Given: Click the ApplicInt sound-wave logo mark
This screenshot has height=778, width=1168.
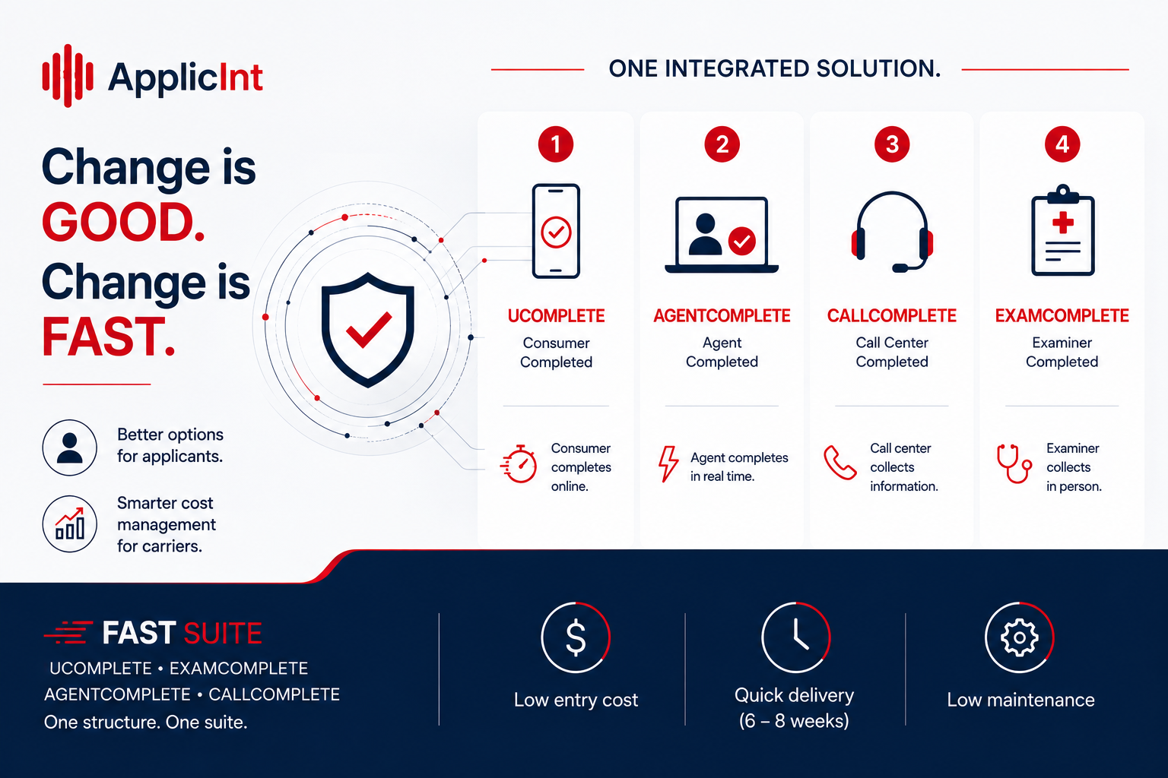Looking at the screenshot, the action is click(x=68, y=76).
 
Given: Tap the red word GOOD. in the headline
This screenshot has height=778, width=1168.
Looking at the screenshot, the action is click(x=123, y=223).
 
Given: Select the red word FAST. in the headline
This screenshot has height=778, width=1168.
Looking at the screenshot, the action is click(x=108, y=337).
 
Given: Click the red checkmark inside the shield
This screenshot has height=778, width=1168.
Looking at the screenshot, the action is click(x=369, y=329).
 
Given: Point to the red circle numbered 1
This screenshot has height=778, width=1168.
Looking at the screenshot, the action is click(x=556, y=144).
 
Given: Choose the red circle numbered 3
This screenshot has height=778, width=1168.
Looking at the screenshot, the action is click(x=892, y=144).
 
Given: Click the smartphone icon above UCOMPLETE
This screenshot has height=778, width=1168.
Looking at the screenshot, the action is click(x=556, y=231).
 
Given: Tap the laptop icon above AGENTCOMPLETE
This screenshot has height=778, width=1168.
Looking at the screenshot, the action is click(x=722, y=235).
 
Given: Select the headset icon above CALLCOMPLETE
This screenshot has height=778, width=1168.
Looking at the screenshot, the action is click(x=892, y=232).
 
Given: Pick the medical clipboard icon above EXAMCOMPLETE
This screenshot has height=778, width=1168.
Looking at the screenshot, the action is click(x=1062, y=230).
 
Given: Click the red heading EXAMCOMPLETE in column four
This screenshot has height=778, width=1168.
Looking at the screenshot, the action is click(x=1062, y=316).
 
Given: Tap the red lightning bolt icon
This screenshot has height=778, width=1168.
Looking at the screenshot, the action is click(x=668, y=463).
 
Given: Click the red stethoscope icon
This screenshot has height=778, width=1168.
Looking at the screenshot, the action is click(x=1014, y=463).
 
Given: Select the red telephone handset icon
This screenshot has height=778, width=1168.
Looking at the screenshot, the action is click(x=840, y=462).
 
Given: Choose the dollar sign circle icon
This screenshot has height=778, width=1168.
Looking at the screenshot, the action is click(x=576, y=637).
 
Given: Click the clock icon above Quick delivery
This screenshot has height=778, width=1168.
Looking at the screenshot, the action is click(x=795, y=637).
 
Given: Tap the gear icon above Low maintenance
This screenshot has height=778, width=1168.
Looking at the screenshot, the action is click(x=1020, y=637).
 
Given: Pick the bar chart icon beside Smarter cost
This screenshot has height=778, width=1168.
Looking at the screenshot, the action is click(x=69, y=523).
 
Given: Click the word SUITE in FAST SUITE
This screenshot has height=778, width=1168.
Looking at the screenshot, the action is click(x=223, y=634).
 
